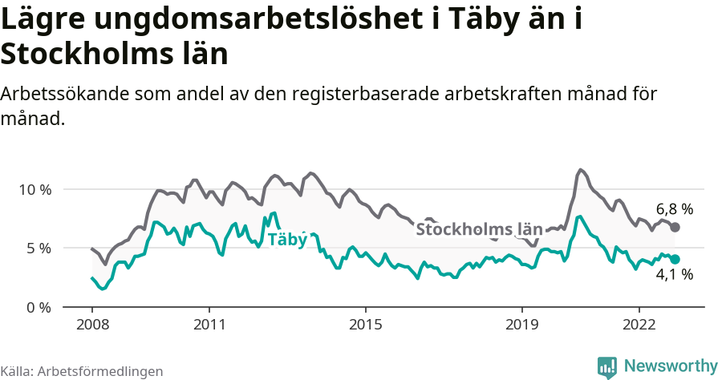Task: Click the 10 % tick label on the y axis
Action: (34, 190)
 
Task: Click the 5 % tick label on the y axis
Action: (38, 249)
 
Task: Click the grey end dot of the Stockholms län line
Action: (675, 228)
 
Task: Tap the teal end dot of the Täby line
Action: (675, 259)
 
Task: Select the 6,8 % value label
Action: (674, 209)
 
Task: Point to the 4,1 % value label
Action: (674, 275)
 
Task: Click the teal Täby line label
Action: (287, 239)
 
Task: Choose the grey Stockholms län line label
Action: (479, 229)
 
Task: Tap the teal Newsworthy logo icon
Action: (607, 366)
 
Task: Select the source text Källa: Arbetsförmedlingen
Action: (82, 371)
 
